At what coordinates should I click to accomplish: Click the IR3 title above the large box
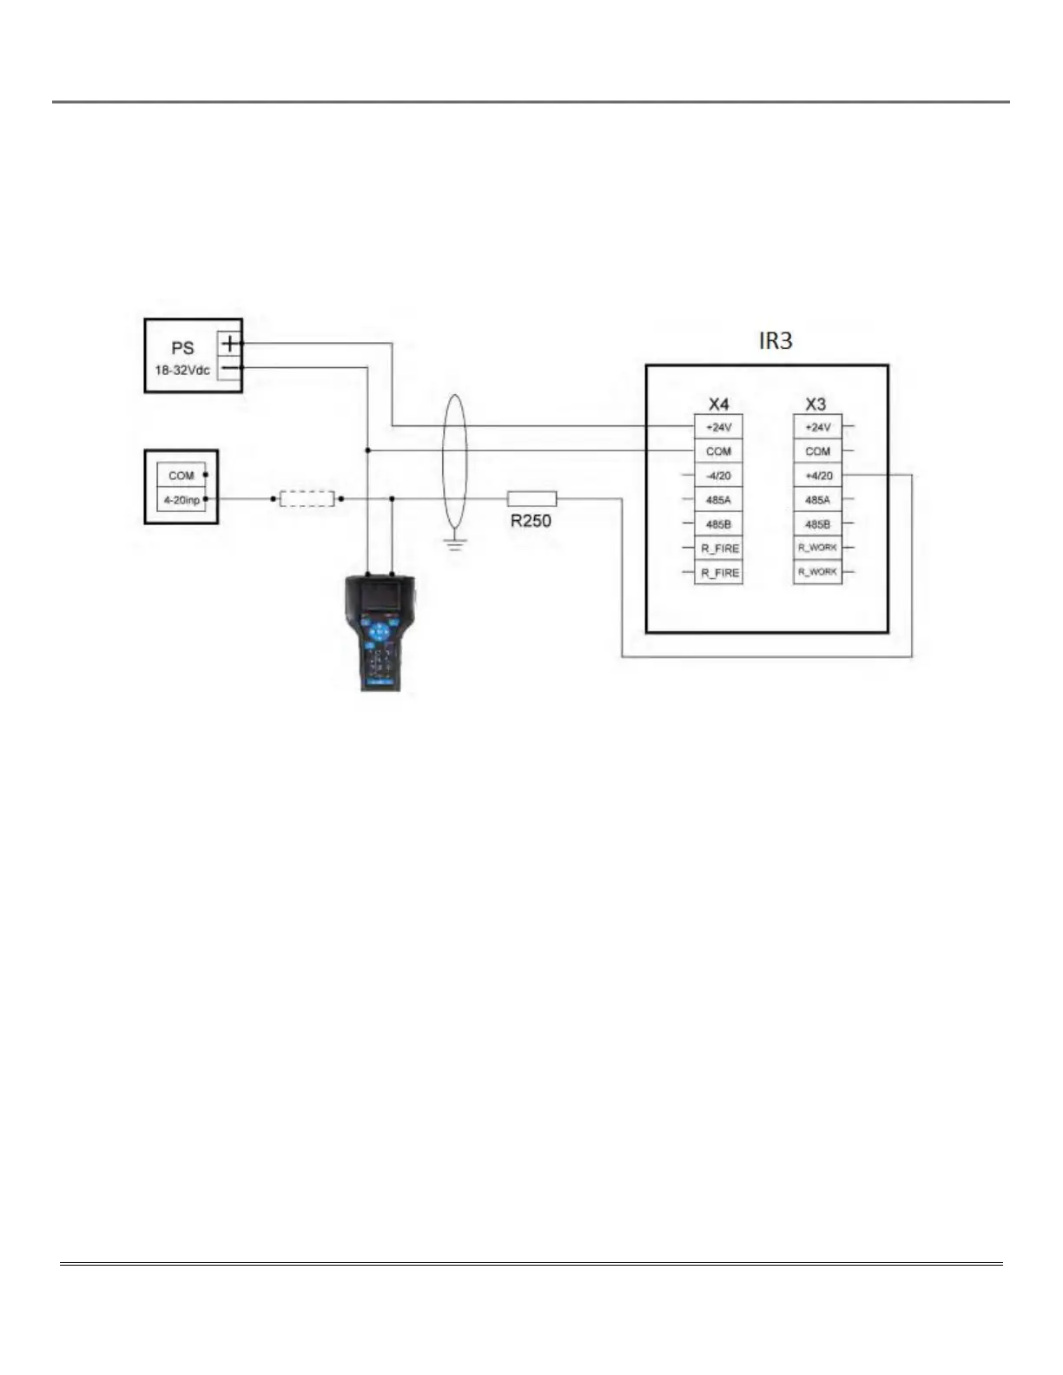(x=776, y=341)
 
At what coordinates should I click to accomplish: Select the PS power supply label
(x=182, y=348)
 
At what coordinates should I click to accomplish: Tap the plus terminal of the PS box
(x=228, y=343)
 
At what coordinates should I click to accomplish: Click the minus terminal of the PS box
(x=228, y=368)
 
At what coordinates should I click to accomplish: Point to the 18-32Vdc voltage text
(x=182, y=371)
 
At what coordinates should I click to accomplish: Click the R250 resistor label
(x=531, y=521)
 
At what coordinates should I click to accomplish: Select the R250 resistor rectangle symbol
(x=531, y=498)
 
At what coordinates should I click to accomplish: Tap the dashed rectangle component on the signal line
(x=307, y=499)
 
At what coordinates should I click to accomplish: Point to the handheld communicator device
(x=379, y=632)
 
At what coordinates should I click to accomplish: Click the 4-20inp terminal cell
(x=182, y=500)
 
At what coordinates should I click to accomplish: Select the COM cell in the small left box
(x=182, y=476)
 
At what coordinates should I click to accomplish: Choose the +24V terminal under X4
(x=718, y=427)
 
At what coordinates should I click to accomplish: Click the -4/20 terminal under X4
(x=718, y=476)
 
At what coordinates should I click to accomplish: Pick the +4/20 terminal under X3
(x=818, y=476)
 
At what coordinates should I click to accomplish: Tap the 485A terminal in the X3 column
(x=818, y=500)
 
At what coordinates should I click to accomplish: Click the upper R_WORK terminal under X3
(x=818, y=548)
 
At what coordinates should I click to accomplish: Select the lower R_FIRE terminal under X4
(x=719, y=573)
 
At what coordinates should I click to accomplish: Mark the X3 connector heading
(x=815, y=405)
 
